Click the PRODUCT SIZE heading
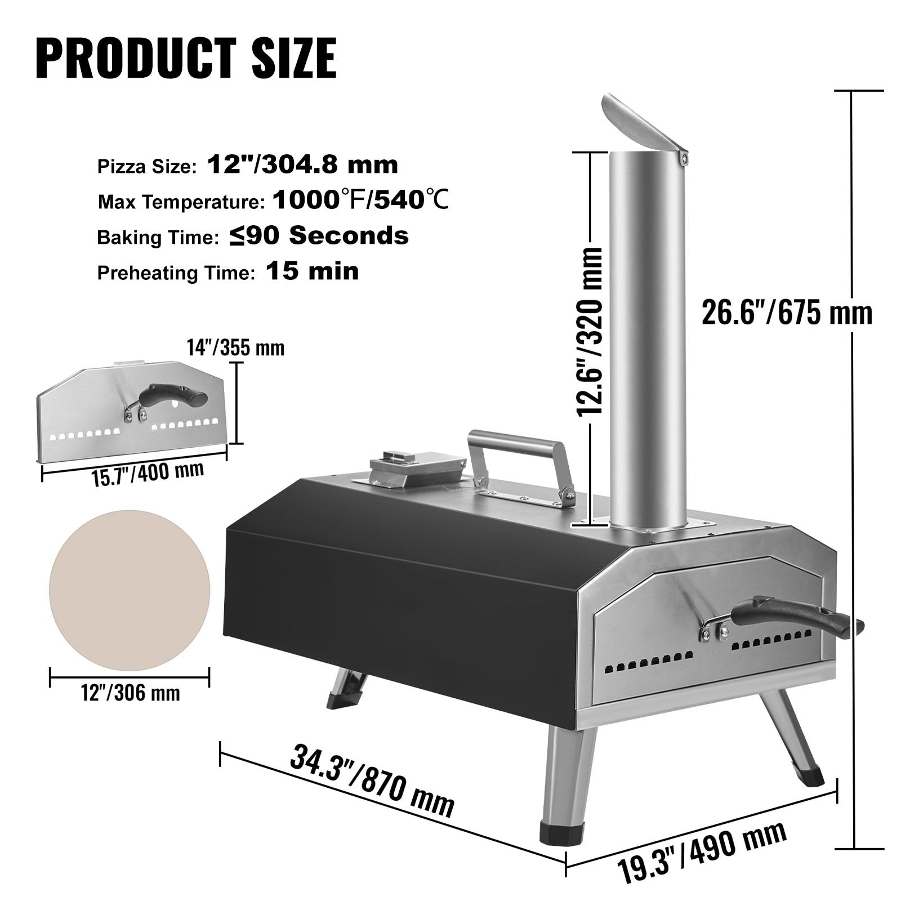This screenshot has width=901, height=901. pyautogui.click(x=186, y=57)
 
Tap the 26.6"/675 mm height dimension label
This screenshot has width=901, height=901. pyautogui.click(x=786, y=313)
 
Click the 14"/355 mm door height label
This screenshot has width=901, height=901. pyautogui.click(x=235, y=347)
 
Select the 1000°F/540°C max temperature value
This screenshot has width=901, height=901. pyautogui.click(x=360, y=200)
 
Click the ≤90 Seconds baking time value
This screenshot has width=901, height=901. pyautogui.click(x=319, y=236)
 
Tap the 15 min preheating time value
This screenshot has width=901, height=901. pyautogui.click(x=312, y=271)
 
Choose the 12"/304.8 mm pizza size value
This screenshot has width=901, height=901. pyautogui.click(x=303, y=165)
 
